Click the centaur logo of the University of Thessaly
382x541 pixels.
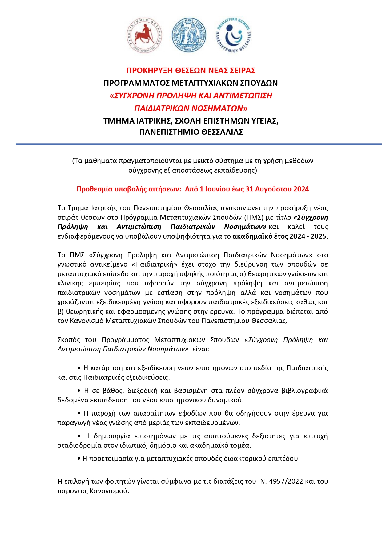click(x=144, y=35)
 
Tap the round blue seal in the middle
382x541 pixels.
click(x=189, y=35)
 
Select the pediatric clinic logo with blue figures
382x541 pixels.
click(x=233, y=35)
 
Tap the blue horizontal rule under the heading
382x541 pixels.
click(x=199, y=144)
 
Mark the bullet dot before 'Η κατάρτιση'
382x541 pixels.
click(x=79, y=368)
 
